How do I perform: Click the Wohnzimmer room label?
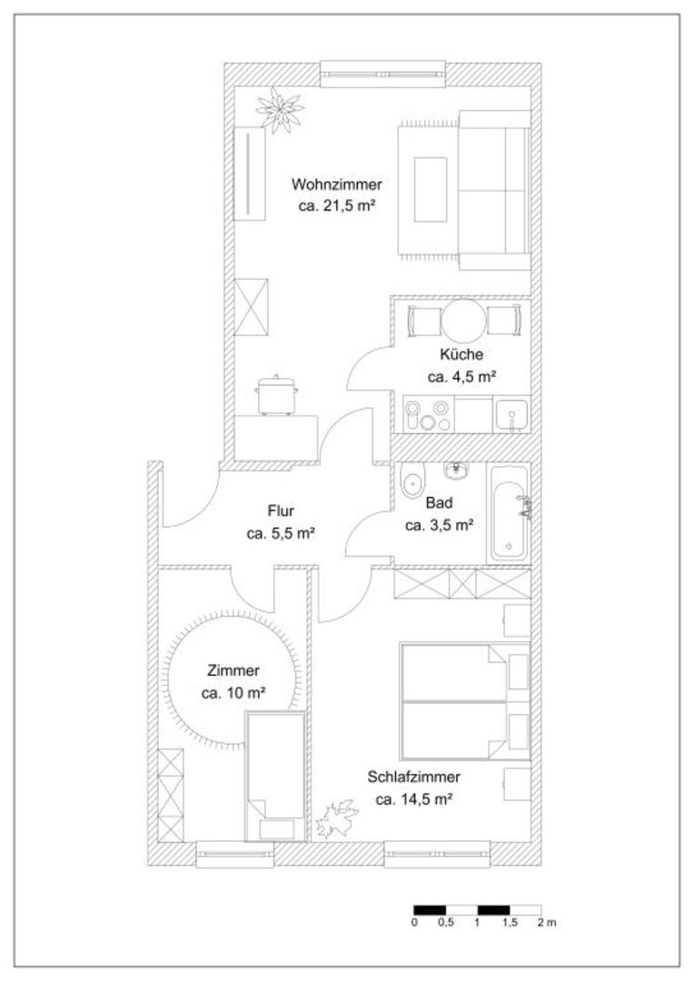336,184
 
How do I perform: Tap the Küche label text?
461,354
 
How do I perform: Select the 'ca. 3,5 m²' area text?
438,525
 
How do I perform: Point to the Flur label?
281,510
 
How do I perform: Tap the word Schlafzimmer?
413,777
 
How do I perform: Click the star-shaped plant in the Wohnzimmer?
279,110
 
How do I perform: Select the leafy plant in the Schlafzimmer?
337,818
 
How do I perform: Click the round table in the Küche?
463,321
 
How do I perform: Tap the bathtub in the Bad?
509,513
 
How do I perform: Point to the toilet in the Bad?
411,481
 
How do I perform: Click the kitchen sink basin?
511,415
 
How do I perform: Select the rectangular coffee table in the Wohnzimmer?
430,189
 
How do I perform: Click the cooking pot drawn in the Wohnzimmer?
276,394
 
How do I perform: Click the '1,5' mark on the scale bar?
510,923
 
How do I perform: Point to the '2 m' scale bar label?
546,923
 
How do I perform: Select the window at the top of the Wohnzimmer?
383,74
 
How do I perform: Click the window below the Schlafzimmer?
438,854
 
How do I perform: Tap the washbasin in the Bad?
458,470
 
